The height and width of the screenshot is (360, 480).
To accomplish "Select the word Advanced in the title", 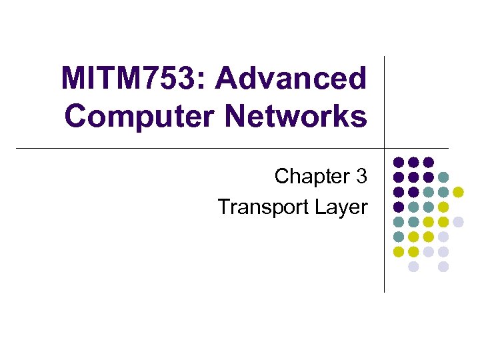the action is [x=291, y=79].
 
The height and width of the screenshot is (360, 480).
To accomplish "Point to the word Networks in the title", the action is [x=296, y=116].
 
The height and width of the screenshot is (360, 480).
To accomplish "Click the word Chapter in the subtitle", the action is [x=312, y=177].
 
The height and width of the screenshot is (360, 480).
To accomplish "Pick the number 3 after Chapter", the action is [x=361, y=177].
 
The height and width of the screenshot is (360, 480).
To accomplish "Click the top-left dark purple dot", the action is [x=399, y=162].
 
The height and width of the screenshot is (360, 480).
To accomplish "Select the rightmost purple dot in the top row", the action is [x=429, y=162].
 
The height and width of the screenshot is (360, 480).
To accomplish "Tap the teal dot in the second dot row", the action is [x=443, y=177].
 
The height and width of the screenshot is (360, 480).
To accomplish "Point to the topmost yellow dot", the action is [x=458, y=192].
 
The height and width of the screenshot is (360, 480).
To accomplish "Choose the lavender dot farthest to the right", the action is [x=458, y=222].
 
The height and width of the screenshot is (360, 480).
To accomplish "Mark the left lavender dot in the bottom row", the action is [x=413, y=267].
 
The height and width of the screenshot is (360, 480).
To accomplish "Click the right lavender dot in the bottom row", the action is [x=443, y=267].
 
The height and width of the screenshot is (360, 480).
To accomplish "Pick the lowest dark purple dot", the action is [x=399, y=207].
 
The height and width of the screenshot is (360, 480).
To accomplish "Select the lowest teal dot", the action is [x=399, y=237].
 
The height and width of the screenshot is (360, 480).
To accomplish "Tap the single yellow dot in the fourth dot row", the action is [x=443, y=207].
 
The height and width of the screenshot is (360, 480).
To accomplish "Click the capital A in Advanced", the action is [x=226, y=79].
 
